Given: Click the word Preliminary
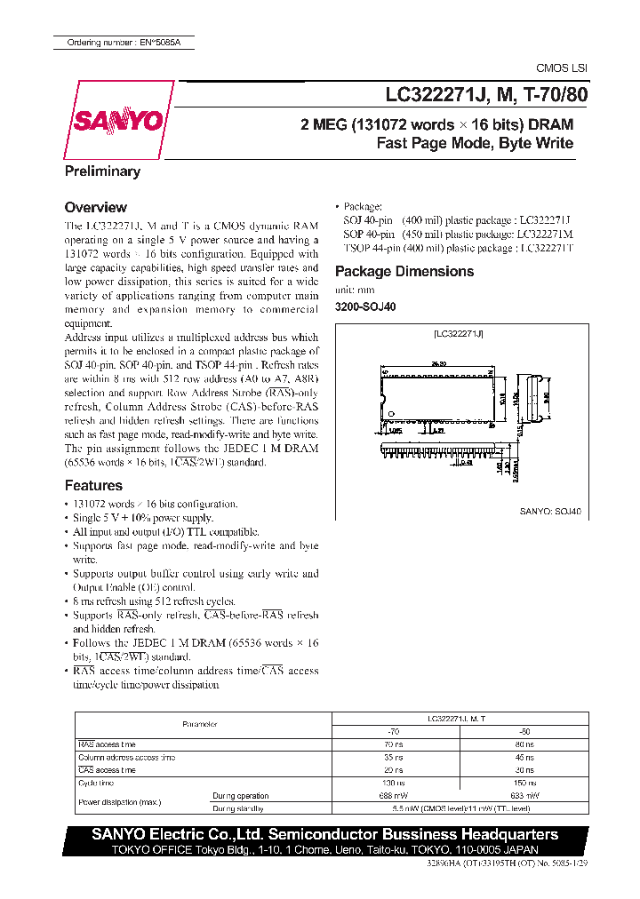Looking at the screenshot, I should [x=102, y=171].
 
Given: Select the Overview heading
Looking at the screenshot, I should [x=96, y=207].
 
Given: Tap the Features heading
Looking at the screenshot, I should [x=93, y=485].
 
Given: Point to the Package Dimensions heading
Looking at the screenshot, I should [x=404, y=271].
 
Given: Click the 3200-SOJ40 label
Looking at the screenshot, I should [x=365, y=306].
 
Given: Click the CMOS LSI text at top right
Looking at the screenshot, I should [x=561, y=68].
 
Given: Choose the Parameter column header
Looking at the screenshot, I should [x=200, y=725].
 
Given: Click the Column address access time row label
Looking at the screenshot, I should [x=126, y=757].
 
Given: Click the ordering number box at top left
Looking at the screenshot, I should [x=124, y=42].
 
